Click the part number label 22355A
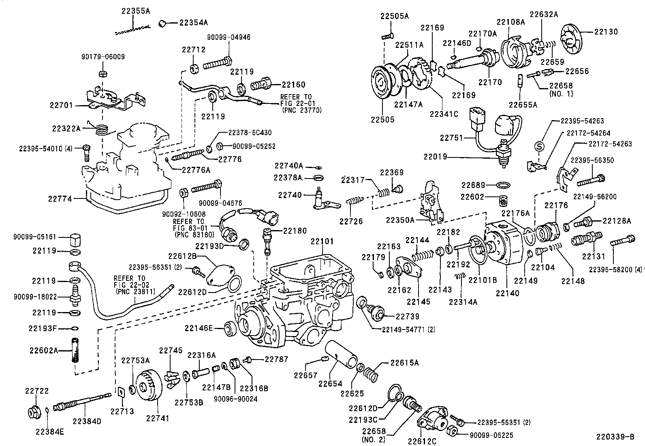coord(135,11)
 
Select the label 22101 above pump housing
coord(322,241)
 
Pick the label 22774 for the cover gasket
coord(60,199)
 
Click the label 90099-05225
coord(492,435)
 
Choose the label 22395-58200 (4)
coord(616,269)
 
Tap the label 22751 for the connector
coord(451,138)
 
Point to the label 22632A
coord(543,15)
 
